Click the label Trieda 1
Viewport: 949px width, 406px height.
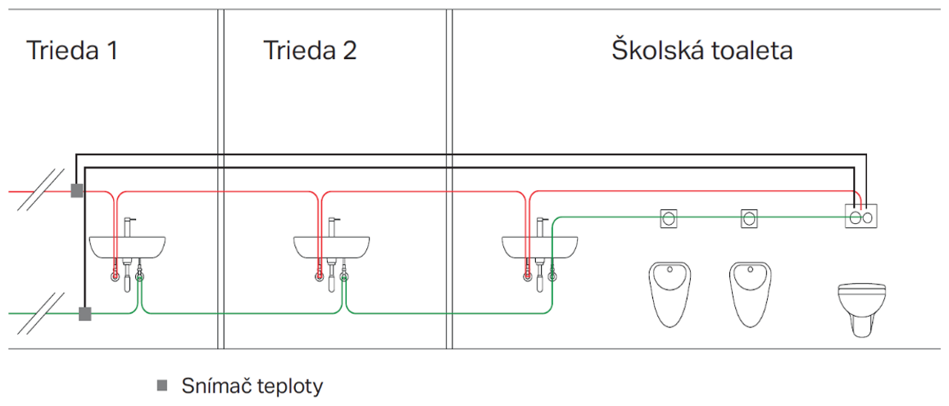(x=72, y=51)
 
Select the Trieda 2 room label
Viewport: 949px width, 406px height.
(x=310, y=51)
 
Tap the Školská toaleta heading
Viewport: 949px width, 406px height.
(x=702, y=51)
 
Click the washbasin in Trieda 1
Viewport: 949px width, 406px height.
(x=127, y=245)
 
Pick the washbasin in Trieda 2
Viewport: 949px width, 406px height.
(x=332, y=245)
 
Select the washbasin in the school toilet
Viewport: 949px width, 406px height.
(x=539, y=245)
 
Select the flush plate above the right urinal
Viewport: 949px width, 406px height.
(x=749, y=218)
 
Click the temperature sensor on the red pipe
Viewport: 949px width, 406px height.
(x=76, y=191)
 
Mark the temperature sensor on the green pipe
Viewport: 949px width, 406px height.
(x=84, y=313)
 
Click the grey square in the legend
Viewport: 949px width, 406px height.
(x=162, y=385)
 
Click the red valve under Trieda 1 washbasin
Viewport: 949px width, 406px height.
(x=114, y=276)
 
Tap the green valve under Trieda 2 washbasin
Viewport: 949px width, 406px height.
(x=345, y=276)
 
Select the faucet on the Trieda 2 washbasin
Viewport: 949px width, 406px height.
(x=332, y=226)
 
